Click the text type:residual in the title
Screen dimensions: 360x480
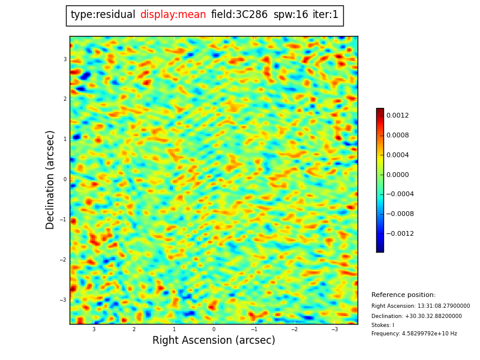[103, 15]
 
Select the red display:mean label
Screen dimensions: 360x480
[173, 15]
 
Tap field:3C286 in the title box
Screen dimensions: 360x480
[239, 15]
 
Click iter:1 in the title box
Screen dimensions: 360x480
[325, 15]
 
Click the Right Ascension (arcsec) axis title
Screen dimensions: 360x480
[214, 341]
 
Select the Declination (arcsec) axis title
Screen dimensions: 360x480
[51, 179]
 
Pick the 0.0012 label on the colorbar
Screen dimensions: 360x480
[397, 116]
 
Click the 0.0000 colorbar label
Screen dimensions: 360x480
[397, 175]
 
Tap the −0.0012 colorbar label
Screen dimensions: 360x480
[400, 234]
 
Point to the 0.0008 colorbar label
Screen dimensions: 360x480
[397, 136]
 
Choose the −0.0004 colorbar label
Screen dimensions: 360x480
[400, 194]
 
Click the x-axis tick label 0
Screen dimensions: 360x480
[214, 329]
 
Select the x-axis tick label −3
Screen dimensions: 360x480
[334, 329]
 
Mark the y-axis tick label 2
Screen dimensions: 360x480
[65, 99]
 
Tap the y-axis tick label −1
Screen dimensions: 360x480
[64, 220]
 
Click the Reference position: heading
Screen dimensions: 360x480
[403, 295]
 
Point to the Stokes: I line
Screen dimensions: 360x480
[383, 325]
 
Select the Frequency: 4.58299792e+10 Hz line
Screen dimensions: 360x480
[414, 334]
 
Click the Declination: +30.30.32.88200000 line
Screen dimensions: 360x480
[416, 316]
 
